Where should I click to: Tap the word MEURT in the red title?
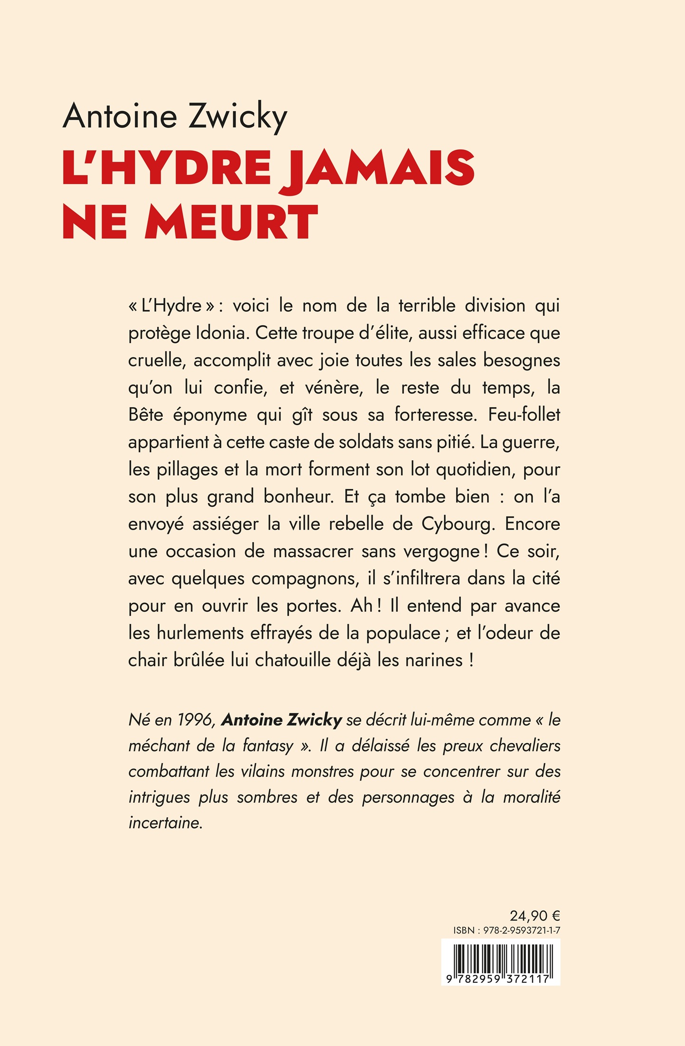(231, 223)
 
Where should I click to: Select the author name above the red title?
(175, 116)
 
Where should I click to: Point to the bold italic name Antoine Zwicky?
(282, 720)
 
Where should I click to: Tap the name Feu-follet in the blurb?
(524, 415)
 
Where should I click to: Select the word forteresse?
(435, 415)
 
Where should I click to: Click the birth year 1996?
(196, 720)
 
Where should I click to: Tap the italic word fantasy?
(268, 746)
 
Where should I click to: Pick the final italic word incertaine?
(165, 823)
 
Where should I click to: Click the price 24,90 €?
(535, 915)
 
